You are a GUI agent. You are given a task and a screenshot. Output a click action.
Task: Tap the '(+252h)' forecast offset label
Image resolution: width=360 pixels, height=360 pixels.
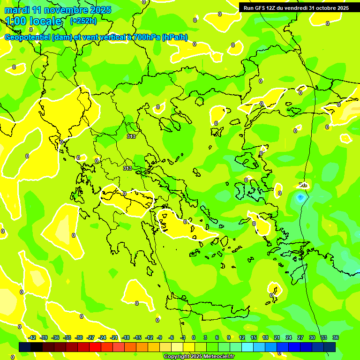(x=83, y=21)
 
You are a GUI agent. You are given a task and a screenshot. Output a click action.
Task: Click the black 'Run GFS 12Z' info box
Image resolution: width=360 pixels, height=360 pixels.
(x=296, y=7)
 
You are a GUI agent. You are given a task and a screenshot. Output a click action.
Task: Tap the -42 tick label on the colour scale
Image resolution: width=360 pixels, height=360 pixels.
(x=32, y=337)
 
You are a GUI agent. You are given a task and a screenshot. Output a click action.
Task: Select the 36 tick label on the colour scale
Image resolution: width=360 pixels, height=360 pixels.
(x=336, y=337)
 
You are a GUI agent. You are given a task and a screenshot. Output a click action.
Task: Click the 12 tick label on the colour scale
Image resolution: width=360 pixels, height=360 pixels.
(x=241, y=337)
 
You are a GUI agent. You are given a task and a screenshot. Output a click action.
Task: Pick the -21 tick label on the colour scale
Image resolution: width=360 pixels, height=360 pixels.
(x=114, y=337)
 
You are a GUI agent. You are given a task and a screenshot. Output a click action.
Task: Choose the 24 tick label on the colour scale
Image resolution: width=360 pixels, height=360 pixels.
(x=288, y=337)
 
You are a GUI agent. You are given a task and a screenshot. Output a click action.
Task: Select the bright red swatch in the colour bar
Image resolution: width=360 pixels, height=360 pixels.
(x=95, y=347)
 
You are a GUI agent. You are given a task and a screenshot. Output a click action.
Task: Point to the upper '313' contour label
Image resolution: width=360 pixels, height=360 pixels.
(x=131, y=136)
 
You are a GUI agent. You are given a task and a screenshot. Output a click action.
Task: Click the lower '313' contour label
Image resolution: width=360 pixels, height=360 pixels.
(x=127, y=168)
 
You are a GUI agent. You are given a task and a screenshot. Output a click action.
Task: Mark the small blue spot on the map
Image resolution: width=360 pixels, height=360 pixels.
(x=300, y=197)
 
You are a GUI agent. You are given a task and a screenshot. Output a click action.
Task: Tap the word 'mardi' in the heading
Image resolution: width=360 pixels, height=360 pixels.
(x=17, y=10)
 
